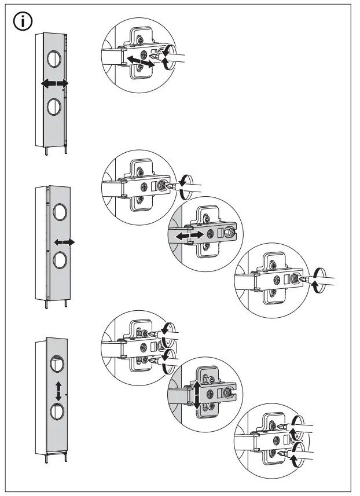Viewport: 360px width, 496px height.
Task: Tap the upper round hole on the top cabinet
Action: pos(52,58)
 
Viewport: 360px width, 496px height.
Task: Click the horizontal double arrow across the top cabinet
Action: pos(54,84)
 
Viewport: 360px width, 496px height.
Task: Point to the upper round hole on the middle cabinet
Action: pos(60,211)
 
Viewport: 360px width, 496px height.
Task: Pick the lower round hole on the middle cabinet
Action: pos(60,260)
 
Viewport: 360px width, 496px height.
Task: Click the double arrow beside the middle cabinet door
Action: pos(64,242)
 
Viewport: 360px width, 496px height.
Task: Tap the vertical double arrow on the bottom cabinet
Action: pos(58,391)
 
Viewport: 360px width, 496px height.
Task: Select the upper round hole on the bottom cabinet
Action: pos(57,364)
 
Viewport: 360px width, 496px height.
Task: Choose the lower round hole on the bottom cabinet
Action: pos(57,413)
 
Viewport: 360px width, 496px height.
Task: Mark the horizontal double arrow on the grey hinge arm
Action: pos(189,235)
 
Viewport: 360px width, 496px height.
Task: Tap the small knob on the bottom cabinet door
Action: pos(68,395)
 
